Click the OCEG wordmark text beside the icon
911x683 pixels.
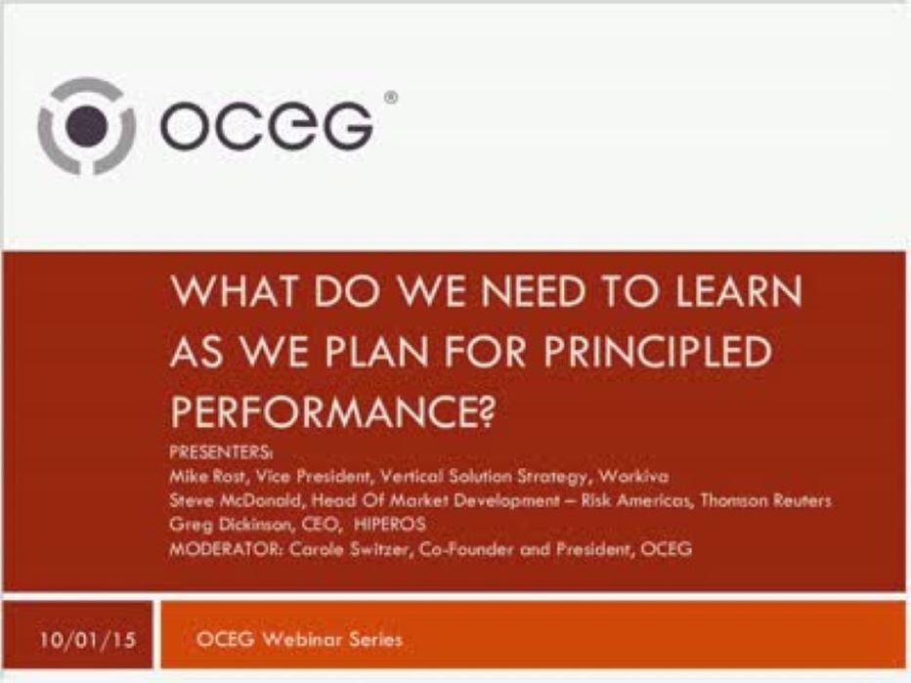tap(265, 126)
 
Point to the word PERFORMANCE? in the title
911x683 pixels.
tap(330, 408)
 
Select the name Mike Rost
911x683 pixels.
tap(204, 477)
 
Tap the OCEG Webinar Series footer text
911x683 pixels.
tap(298, 640)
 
